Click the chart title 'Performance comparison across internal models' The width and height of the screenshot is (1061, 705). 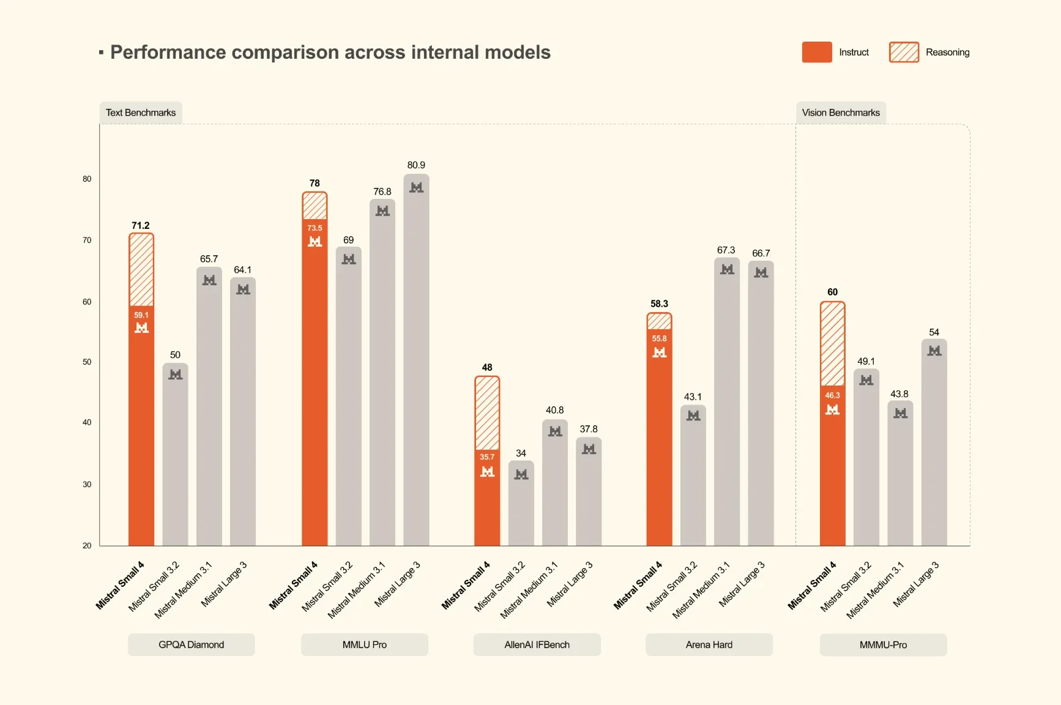coord(330,53)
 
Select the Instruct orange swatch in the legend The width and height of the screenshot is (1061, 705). coord(816,53)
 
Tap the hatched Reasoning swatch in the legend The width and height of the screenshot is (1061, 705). coord(903,53)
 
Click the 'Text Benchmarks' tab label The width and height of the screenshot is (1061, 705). coord(141,113)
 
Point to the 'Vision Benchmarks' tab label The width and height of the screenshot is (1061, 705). coord(840,113)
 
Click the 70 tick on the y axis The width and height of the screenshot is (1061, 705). coord(87,241)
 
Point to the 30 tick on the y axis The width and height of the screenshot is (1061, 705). coord(87,484)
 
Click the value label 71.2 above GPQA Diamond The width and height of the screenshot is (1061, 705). coord(141,226)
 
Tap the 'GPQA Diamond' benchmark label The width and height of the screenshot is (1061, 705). coord(191,644)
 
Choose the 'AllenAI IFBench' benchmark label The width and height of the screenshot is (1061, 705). coord(537,644)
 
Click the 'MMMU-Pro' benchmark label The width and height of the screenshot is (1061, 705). coord(883,644)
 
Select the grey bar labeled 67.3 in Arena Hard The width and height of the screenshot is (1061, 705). coord(727,404)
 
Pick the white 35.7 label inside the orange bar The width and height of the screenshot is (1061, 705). coord(487,457)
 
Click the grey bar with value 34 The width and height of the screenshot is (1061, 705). coord(521,505)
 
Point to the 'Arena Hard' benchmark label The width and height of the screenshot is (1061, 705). coord(709,644)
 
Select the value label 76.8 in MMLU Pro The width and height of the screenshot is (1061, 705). coord(382,192)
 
